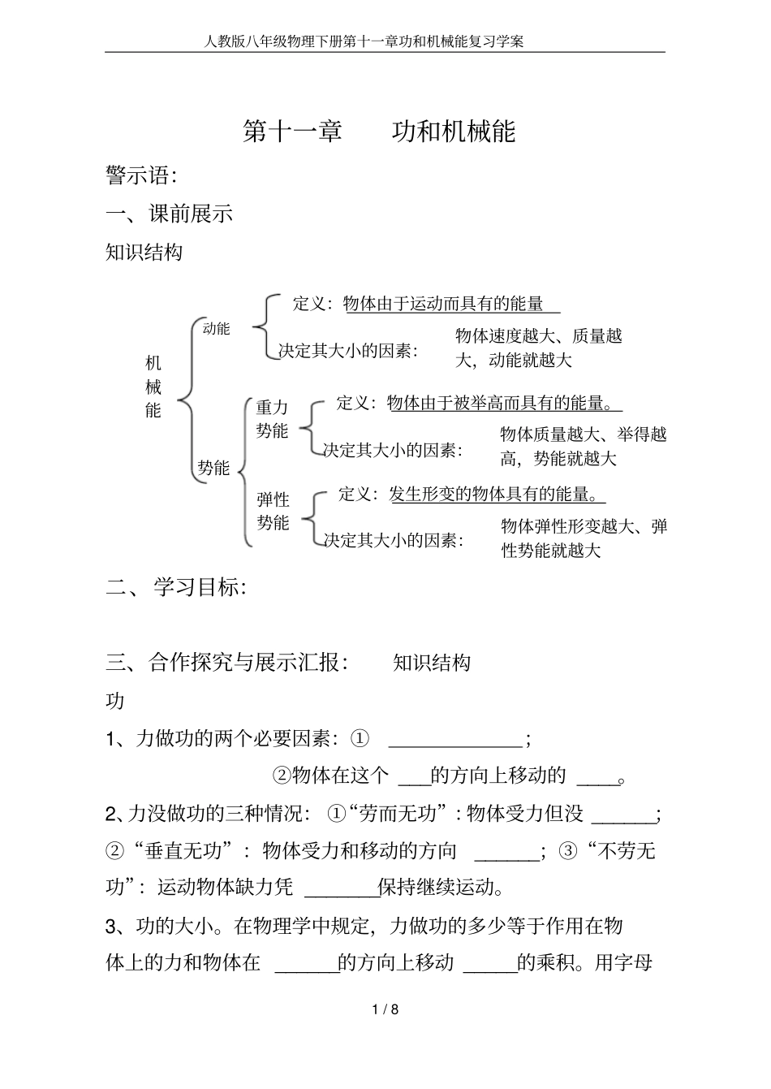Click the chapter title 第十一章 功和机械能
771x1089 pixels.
click(379, 132)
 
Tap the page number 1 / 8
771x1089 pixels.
click(385, 1009)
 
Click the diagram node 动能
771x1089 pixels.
click(216, 329)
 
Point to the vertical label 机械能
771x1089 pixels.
click(153, 387)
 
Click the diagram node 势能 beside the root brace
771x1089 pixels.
click(213, 468)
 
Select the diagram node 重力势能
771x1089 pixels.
click(273, 419)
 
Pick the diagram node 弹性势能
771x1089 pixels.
click(273, 511)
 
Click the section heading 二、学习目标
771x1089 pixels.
click(176, 588)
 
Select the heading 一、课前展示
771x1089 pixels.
click(170, 214)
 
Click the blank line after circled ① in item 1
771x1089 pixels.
click(457, 740)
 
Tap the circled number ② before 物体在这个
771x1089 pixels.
click(281, 776)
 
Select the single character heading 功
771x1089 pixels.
click(115, 701)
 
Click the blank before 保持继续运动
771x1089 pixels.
click(341, 888)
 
